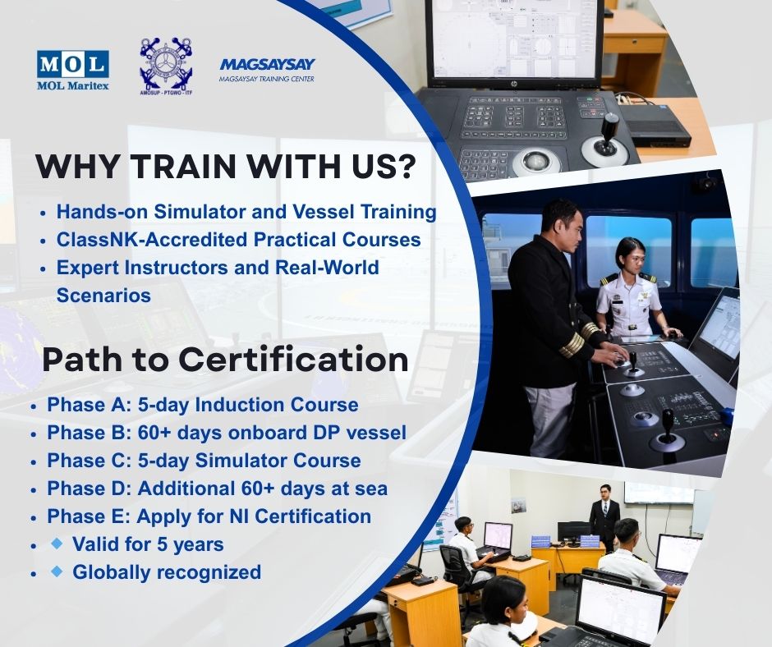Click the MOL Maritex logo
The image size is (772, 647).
click(x=73, y=70)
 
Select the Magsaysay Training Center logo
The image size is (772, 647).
click(x=267, y=70)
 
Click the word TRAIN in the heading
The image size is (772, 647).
click(x=183, y=167)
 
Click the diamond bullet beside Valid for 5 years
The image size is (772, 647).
click(x=57, y=543)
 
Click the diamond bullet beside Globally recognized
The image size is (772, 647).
click(x=57, y=571)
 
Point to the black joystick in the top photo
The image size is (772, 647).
click(x=608, y=135)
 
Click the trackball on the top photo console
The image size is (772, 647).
click(x=536, y=161)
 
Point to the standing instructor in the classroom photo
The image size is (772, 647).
click(x=604, y=517)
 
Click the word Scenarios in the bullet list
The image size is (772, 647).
click(x=103, y=296)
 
